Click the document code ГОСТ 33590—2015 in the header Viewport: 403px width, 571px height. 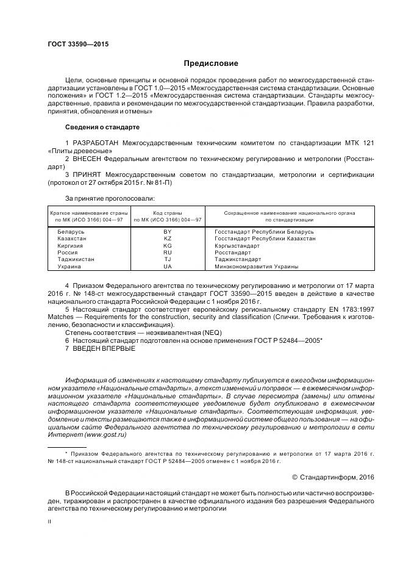click(74, 44)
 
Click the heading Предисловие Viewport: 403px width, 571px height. click(211, 63)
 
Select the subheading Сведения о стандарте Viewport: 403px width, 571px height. click(102, 127)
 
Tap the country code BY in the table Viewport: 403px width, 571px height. click(168, 232)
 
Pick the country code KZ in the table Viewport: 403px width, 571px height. click(168, 239)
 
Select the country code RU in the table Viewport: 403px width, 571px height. click(168, 252)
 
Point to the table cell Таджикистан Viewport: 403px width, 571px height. click(76, 259)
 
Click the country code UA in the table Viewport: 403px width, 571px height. click(168, 266)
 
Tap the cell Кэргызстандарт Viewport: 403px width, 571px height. click(237, 245)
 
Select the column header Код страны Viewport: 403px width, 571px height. click(168, 213)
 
